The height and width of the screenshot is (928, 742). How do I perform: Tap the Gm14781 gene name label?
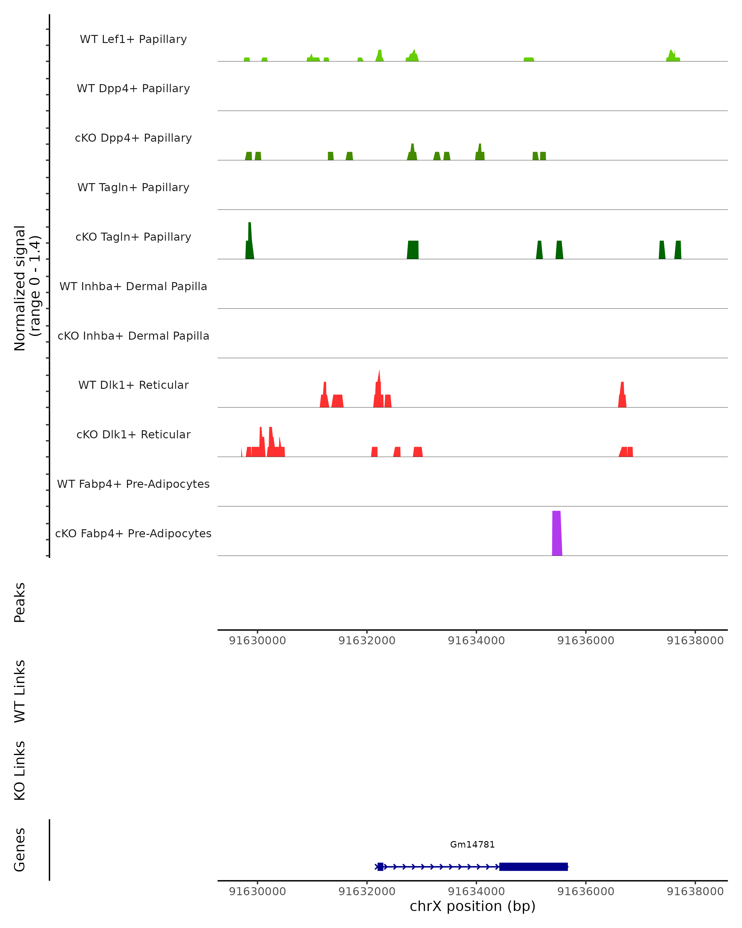pyautogui.click(x=472, y=844)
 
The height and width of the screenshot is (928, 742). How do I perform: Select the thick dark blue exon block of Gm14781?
pyautogui.click(x=533, y=866)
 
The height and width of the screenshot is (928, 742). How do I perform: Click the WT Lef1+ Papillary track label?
pyautogui.click(x=133, y=39)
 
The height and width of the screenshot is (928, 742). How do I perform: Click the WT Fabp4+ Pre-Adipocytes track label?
pyautogui.click(x=133, y=484)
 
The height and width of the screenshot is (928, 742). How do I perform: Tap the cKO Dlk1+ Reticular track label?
pyautogui.click(x=133, y=434)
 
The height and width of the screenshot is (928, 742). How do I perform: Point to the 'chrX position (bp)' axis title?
pyautogui.click(x=472, y=906)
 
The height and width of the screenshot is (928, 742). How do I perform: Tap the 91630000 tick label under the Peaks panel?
pyautogui.click(x=257, y=641)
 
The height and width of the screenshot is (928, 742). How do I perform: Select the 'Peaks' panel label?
pyautogui.click(x=20, y=602)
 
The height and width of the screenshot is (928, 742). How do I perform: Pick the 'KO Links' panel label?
pyautogui.click(x=20, y=771)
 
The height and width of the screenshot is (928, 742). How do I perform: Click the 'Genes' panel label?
pyautogui.click(x=20, y=850)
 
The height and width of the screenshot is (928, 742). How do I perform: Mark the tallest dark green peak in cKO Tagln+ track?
pyautogui.click(x=249, y=241)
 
